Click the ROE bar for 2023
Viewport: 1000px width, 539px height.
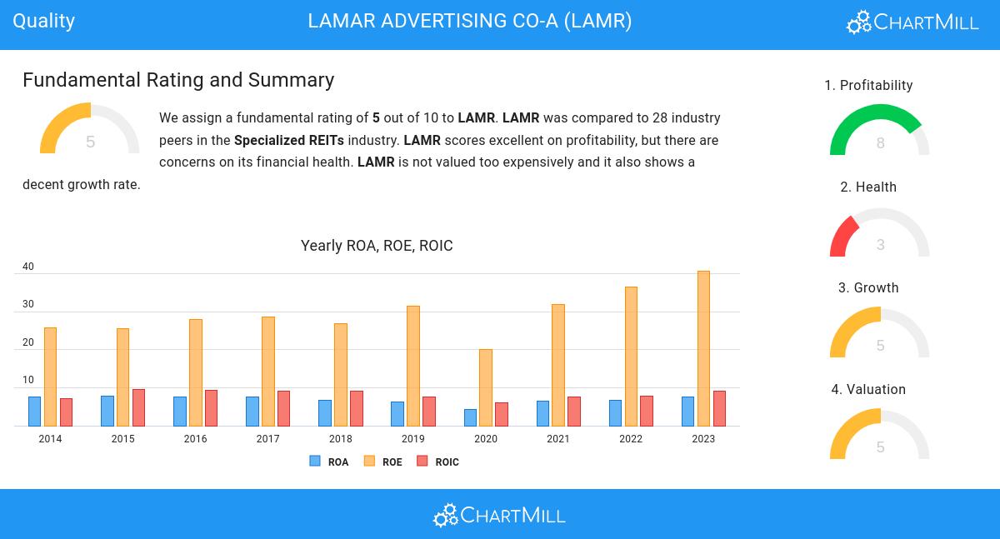[x=703, y=348]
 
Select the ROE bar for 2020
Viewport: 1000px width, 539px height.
[x=486, y=387]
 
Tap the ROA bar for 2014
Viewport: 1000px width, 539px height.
[x=34, y=411]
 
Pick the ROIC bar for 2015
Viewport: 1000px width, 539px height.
[x=138, y=407]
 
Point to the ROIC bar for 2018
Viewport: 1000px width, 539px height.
[x=357, y=408]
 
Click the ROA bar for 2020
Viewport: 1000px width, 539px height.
[x=470, y=417]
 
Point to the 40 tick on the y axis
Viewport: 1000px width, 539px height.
[x=28, y=267]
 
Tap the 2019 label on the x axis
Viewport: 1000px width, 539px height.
[x=412, y=439]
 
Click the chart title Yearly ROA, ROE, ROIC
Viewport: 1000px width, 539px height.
[x=377, y=246]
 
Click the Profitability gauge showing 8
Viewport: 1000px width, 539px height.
[x=879, y=132]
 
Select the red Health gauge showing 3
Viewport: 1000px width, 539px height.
[x=879, y=235]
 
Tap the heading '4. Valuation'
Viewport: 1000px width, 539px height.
[x=868, y=389]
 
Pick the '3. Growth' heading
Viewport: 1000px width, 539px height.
[x=868, y=287]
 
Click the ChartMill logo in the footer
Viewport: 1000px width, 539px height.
[x=499, y=515]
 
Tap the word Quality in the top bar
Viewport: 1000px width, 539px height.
[x=44, y=21]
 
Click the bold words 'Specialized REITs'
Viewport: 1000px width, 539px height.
[x=288, y=140]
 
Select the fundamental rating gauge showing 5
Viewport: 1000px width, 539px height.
[x=90, y=132]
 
